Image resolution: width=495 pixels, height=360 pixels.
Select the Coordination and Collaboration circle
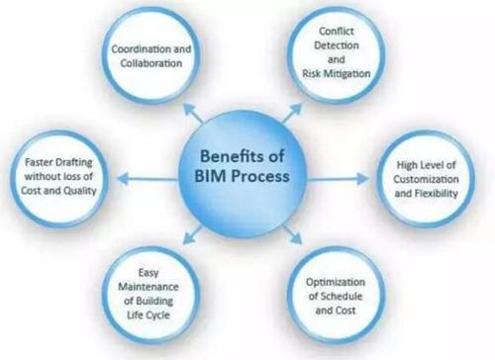tap(150, 56)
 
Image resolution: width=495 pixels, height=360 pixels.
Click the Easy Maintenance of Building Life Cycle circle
tap(151, 294)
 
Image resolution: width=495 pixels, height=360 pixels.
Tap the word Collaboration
tap(150, 64)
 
